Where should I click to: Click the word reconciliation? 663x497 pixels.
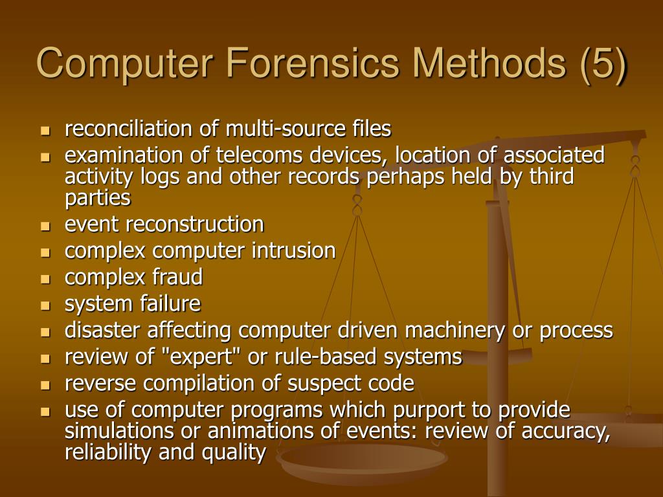click(129, 129)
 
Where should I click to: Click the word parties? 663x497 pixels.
click(98, 197)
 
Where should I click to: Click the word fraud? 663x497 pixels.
click(177, 277)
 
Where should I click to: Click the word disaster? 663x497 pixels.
click(103, 330)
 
